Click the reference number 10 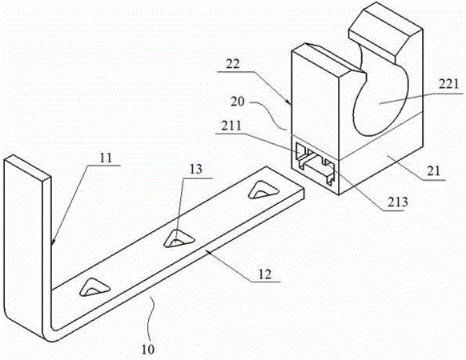[147, 349]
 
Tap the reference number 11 [106, 158]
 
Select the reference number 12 [265, 274]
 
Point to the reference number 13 [196, 170]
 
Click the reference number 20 [238, 102]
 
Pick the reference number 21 [433, 171]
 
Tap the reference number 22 [233, 64]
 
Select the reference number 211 [231, 126]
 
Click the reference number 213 [398, 202]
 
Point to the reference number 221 [449, 84]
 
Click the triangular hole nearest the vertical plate [94, 287]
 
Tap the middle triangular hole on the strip [179, 238]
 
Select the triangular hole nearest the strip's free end [263, 190]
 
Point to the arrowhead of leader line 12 [209, 253]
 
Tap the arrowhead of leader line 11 [53, 242]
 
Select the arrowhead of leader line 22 [289, 102]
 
